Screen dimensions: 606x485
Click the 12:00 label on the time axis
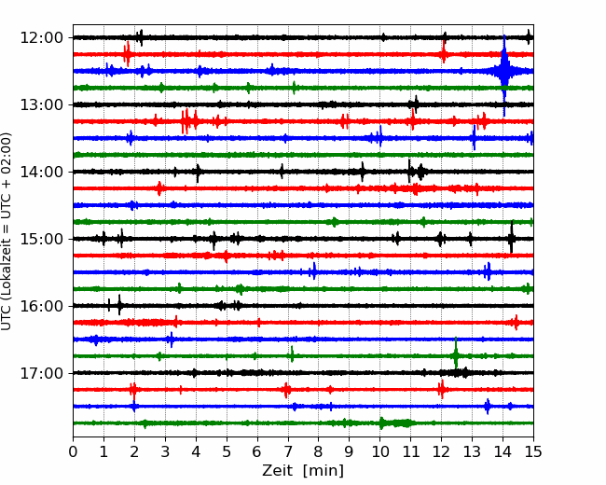pyautogui.click(x=41, y=38)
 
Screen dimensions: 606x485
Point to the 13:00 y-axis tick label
pyautogui.click(x=41, y=104)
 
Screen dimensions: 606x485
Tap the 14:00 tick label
pyautogui.click(x=41, y=172)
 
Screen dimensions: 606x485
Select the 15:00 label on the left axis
pyautogui.click(x=41, y=239)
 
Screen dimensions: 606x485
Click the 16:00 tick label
pyautogui.click(x=41, y=306)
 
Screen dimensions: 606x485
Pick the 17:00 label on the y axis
pyautogui.click(x=41, y=373)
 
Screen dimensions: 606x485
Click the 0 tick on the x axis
pyautogui.click(x=73, y=451)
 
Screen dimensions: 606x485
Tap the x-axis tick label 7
pyautogui.click(x=287, y=451)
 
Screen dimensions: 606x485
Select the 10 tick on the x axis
pyautogui.click(x=379, y=451)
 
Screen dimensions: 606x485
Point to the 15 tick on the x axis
pyautogui.click(x=533, y=451)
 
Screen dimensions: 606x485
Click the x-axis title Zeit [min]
pyautogui.click(x=303, y=471)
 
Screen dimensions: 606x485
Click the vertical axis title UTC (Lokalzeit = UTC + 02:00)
pyautogui.click(x=6, y=231)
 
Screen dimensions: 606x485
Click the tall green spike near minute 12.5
pyautogui.click(x=456, y=353)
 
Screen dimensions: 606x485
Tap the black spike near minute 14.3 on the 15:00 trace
pyautogui.click(x=511, y=237)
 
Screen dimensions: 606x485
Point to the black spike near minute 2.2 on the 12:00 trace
pyautogui.click(x=140, y=37)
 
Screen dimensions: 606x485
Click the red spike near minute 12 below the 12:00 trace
pyautogui.click(x=444, y=52)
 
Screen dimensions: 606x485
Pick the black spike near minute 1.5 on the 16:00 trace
pyautogui.click(x=119, y=305)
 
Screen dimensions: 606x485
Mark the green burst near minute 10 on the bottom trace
pyautogui.click(x=396, y=423)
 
